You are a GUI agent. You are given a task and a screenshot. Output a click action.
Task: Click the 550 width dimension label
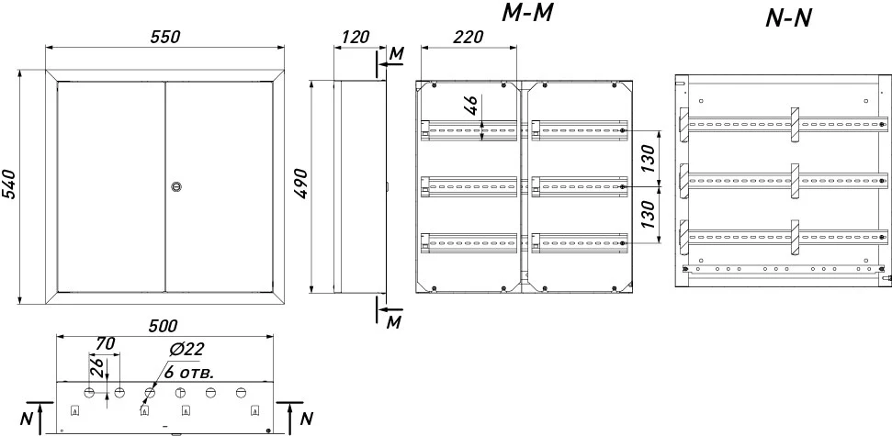pos(165,37)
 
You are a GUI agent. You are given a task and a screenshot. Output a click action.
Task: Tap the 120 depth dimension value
pos(355,37)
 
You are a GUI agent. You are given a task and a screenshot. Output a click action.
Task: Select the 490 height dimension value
pos(301,184)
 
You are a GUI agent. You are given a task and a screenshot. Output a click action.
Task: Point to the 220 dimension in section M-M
pos(469,37)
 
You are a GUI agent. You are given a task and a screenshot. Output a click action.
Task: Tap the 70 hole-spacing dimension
pos(106,344)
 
